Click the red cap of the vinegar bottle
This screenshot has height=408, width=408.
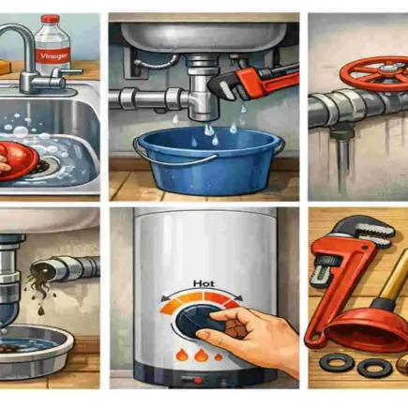pyautogui.click(x=49, y=20)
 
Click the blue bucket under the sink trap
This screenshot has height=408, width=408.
pyautogui.click(x=208, y=159)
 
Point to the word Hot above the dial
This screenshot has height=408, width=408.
pyautogui.click(x=204, y=283)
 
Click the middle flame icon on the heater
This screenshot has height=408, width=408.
pyautogui.click(x=200, y=355)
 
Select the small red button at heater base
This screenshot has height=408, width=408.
pyautogui.click(x=197, y=380)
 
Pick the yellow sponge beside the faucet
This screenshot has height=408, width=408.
pyautogui.click(x=6, y=68)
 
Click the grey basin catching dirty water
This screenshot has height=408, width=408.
pyautogui.click(x=34, y=348)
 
